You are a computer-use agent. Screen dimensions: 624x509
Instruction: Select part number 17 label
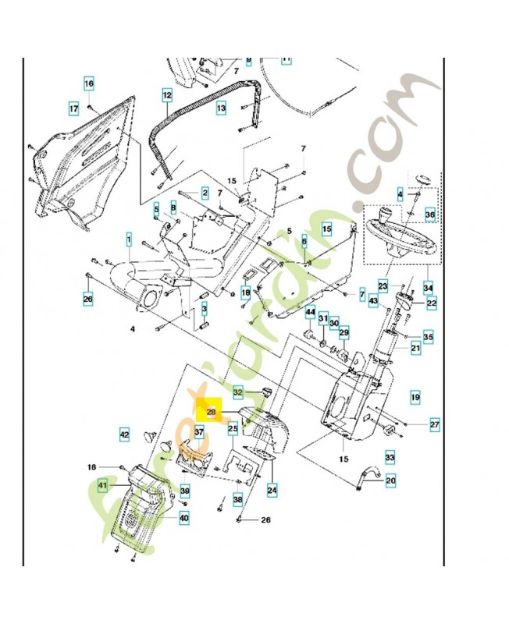tap(74, 108)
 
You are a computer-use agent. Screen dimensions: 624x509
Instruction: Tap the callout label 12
tap(167, 95)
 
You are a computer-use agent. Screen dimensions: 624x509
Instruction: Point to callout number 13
tap(222, 108)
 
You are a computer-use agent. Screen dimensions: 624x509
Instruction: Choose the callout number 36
tap(429, 214)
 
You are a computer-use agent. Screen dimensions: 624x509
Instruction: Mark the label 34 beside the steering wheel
tap(428, 286)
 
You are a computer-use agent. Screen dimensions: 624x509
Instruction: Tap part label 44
tap(310, 313)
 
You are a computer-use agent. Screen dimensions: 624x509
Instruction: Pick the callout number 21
tap(415, 348)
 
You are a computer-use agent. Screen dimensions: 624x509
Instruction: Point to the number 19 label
tap(415, 396)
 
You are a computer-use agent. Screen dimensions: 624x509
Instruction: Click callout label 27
tap(434, 425)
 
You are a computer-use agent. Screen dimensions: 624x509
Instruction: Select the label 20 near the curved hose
tap(390, 480)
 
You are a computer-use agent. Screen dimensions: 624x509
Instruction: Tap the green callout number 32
tap(239, 391)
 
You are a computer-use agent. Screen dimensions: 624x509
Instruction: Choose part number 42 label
tap(124, 433)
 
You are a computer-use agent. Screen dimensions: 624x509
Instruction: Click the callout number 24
tap(272, 491)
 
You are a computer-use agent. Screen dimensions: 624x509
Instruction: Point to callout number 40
tap(184, 516)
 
